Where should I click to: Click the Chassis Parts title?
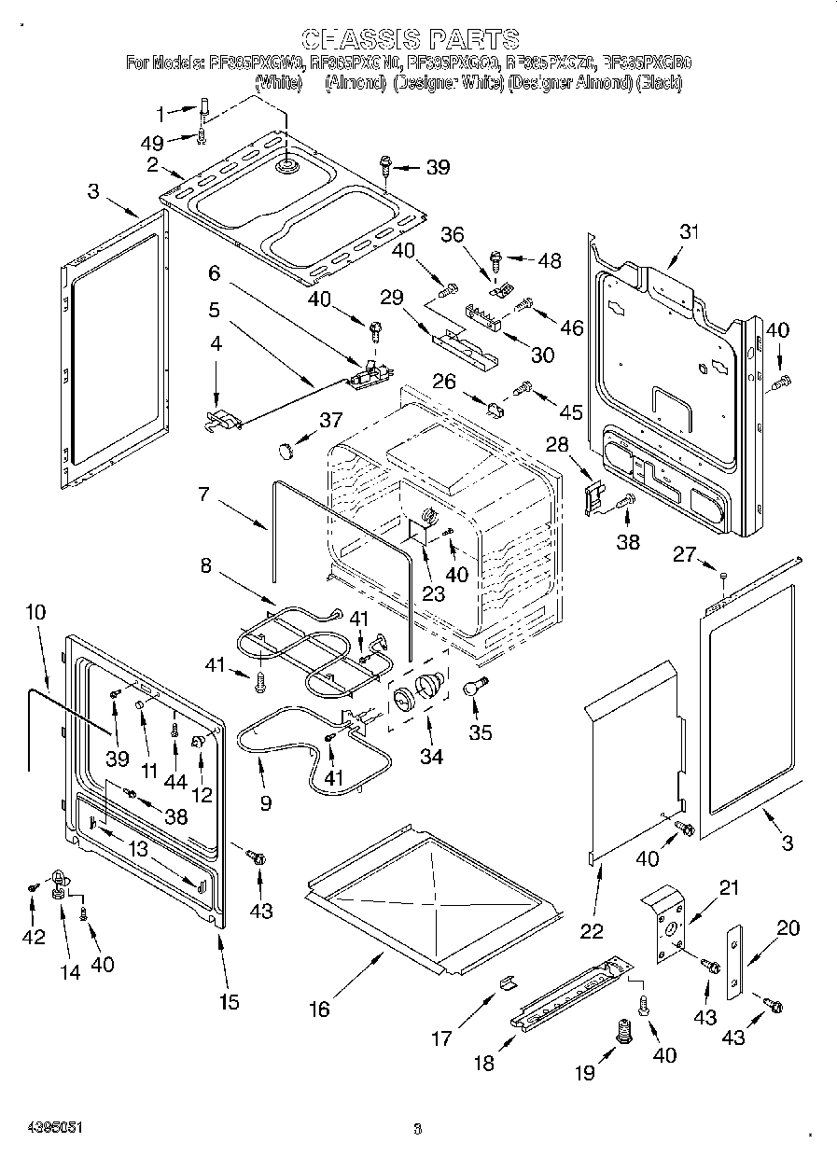tap(412, 39)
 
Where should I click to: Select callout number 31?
tap(689, 232)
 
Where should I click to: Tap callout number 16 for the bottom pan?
tap(320, 1009)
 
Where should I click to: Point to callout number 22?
tap(592, 930)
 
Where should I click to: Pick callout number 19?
tap(584, 1073)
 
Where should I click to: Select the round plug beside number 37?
tap(286, 451)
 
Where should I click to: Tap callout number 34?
tap(430, 757)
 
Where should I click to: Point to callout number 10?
tap(35, 612)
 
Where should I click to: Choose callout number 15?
tap(229, 1002)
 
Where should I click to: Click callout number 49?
tap(152, 143)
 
